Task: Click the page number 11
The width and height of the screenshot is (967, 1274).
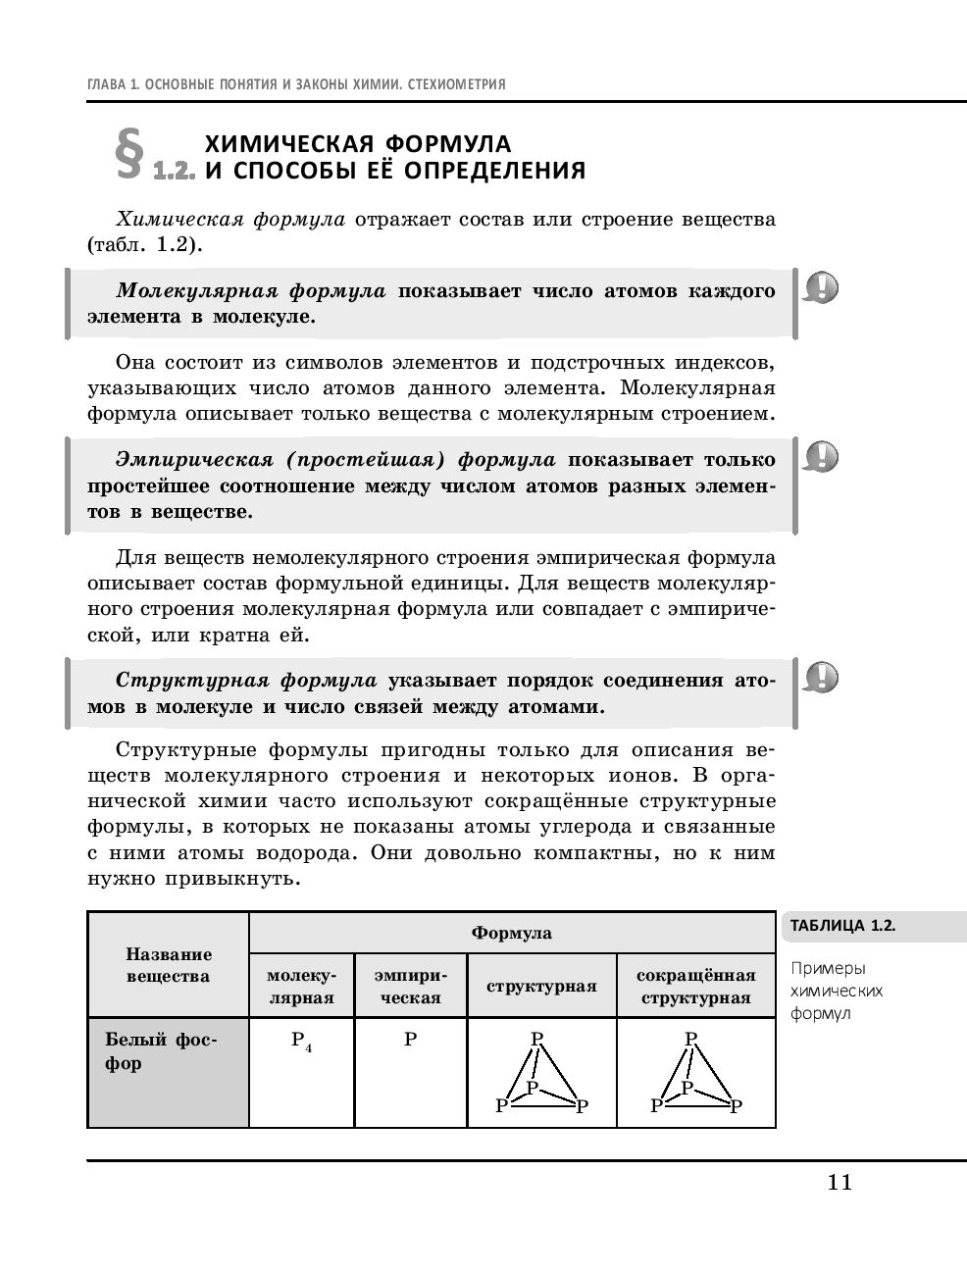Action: point(840,1182)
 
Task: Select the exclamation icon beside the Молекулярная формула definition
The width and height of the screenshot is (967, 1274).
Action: point(822,288)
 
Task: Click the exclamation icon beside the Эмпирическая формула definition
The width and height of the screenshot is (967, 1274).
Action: point(822,456)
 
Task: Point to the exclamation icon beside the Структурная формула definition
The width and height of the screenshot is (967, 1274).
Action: point(822,677)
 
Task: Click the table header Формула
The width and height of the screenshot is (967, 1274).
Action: point(511,933)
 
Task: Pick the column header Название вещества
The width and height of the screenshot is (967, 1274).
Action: point(168,965)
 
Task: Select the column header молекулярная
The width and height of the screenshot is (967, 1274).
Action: point(301,986)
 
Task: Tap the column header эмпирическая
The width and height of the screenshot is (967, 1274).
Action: point(410,986)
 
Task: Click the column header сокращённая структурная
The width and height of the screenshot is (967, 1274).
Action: point(695,986)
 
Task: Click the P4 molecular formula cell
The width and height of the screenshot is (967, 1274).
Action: point(301,1041)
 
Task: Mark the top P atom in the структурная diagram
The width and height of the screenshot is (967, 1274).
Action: point(536,1039)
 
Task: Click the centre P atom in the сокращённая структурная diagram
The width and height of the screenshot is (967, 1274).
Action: point(687,1088)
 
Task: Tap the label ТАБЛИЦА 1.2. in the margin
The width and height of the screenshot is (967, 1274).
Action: point(842,925)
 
